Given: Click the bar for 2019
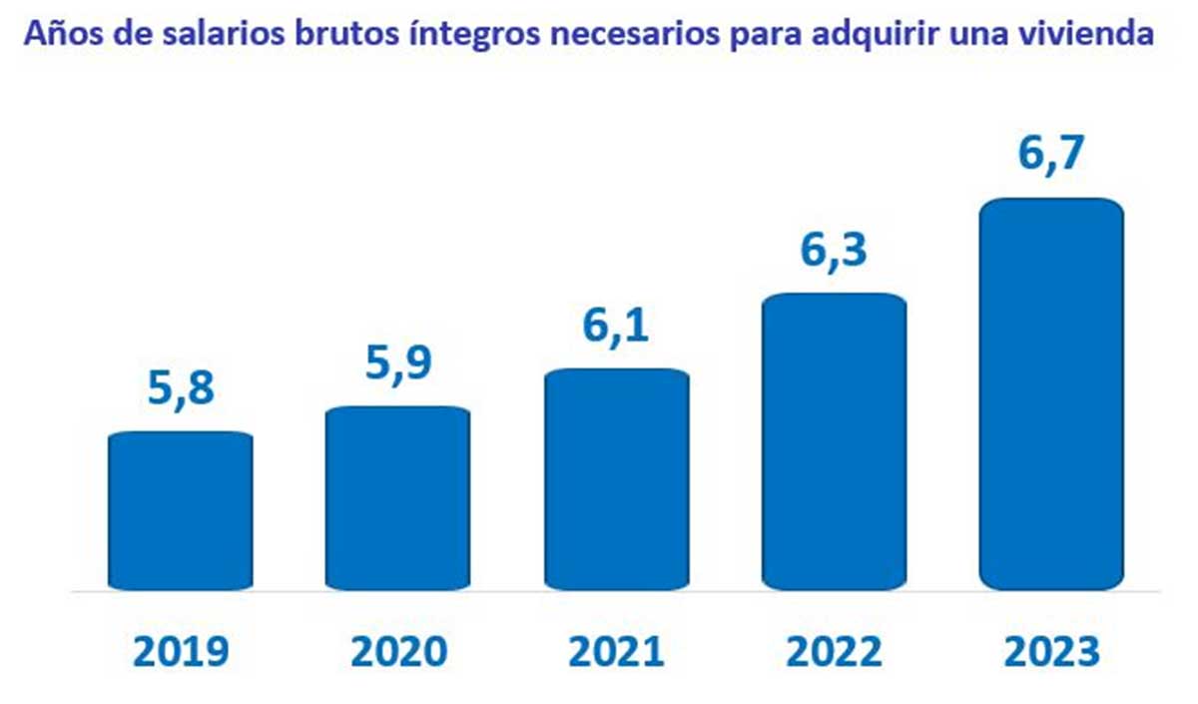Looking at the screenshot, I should (x=180, y=510).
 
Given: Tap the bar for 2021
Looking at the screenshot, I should (x=616, y=478).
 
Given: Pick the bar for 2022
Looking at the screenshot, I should (x=834, y=440).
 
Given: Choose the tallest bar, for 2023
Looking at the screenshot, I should (x=1051, y=393).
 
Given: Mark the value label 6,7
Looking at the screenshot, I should (x=1051, y=156).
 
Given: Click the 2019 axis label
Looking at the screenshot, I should (x=180, y=653).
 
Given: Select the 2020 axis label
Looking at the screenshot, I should (x=397, y=653).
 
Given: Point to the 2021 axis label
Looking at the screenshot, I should (x=616, y=653).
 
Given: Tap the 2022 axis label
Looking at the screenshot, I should (x=834, y=653).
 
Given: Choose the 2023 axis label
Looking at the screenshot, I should (x=1051, y=653).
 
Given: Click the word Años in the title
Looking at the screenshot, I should (x=59, y=35).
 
